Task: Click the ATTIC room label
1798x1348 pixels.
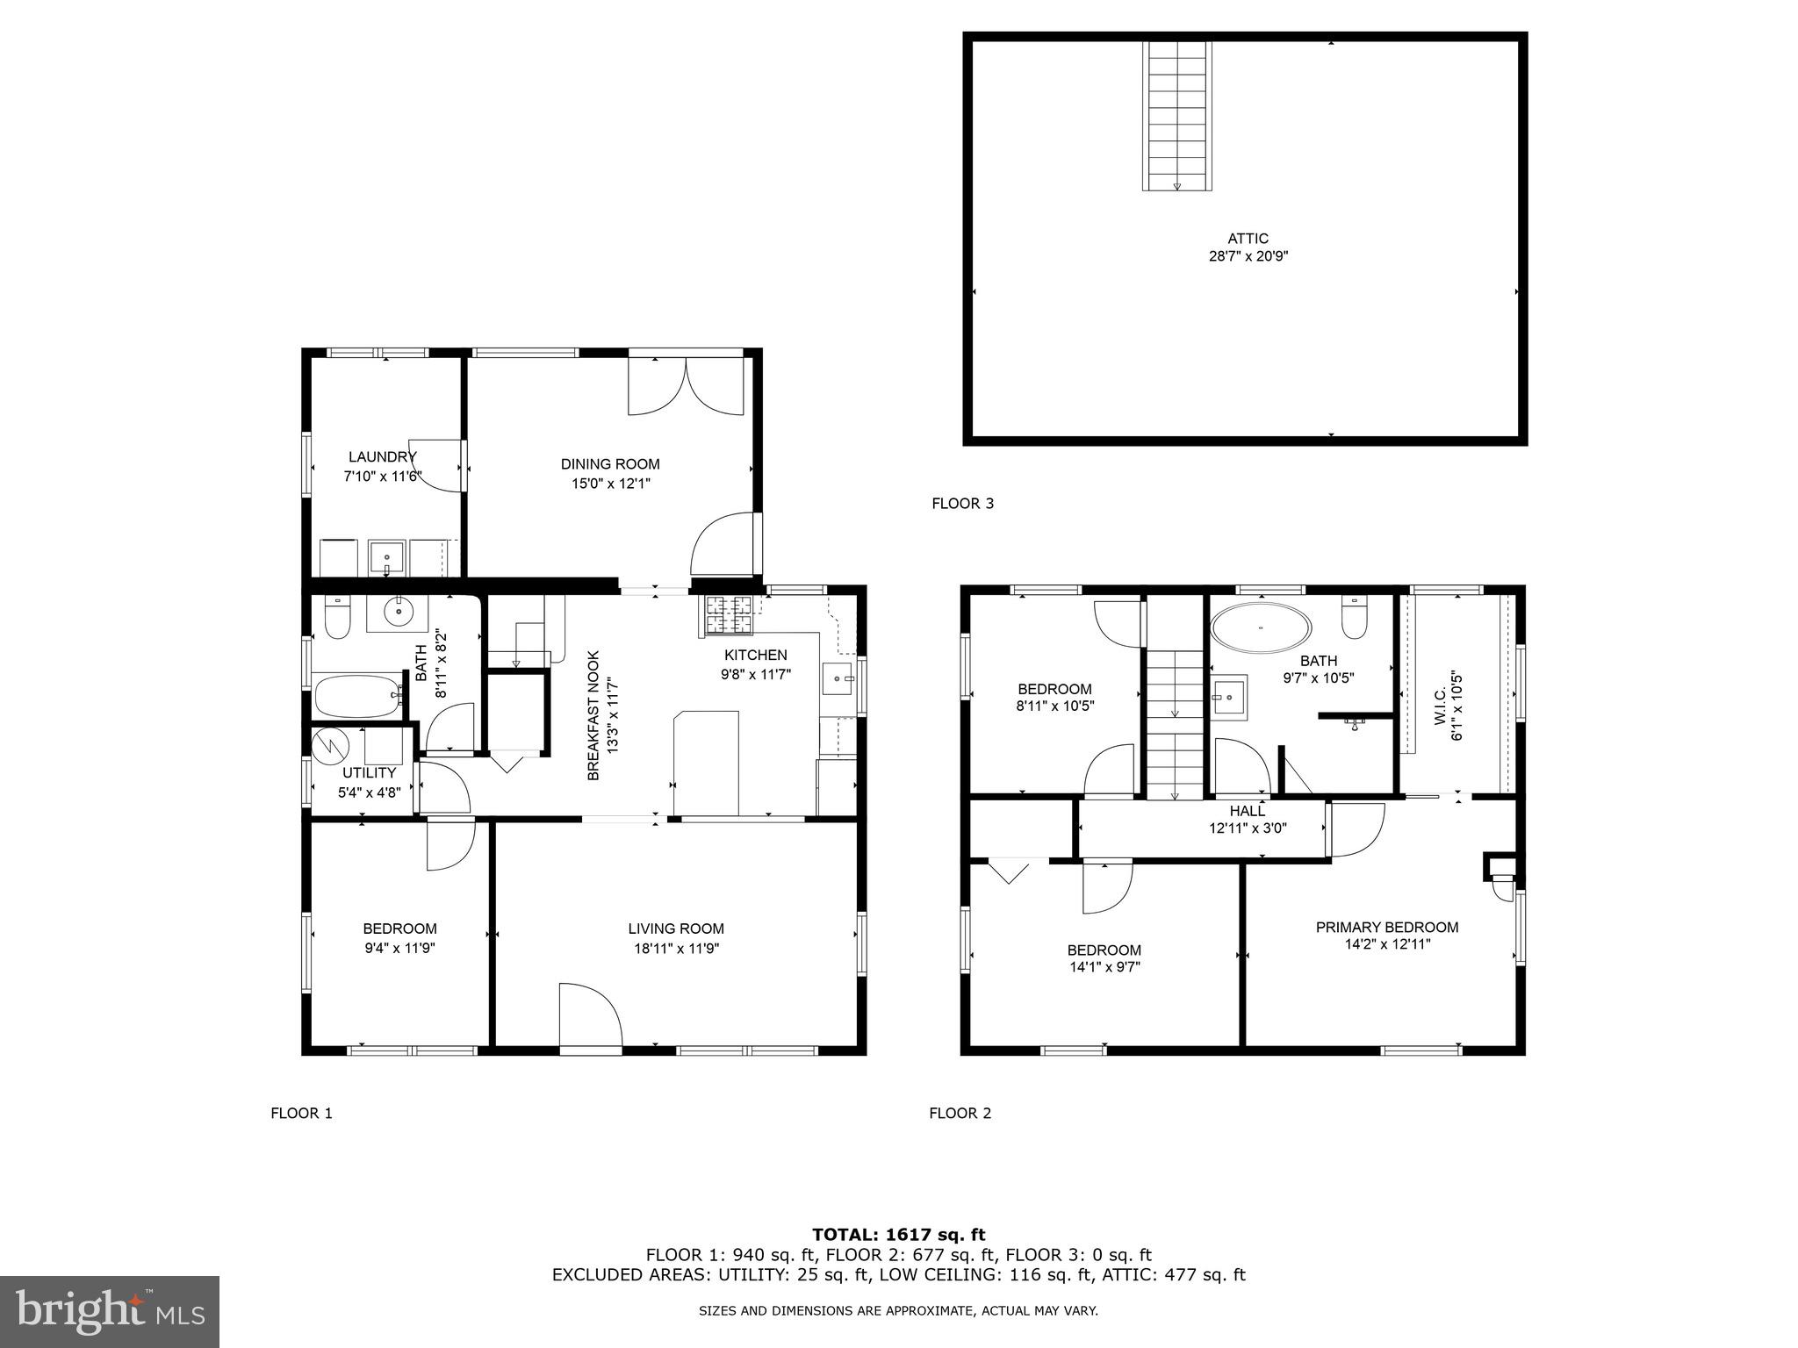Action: pyautogui.click(x=1248, y=239)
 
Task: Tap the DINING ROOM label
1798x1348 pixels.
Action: pyautogui.click(x=610, y=464)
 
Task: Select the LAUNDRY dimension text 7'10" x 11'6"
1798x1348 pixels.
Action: pyautogui.click(x=382, y=477)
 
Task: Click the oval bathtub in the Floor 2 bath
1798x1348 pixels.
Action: pyautogui.click(x=1262, y=628)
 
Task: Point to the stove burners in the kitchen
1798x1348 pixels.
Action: pyautogui.click(x=728, y=614)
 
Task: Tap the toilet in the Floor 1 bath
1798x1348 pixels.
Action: pyautogui.click(x=337, y=617)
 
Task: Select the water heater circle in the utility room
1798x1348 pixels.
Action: pyautogui.click(x=332, y=746)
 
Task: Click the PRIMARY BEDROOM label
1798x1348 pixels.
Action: pyautogui.click(x=1387, y=928)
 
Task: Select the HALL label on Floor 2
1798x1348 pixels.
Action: pyautogui.click(x=1248, y=812)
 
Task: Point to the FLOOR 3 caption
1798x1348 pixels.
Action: pyautogui.click(x=962, y=504)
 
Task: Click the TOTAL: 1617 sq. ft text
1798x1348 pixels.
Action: pyautogui.click(x=898, y=1236)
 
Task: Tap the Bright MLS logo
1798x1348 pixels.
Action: pyautogui.click(x=110, y=1312)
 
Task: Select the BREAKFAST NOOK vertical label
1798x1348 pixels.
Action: pyautogui.click(x=593, y=715)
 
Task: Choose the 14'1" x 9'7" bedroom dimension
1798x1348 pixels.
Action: pyautogui.click(x=1104, y=967)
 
